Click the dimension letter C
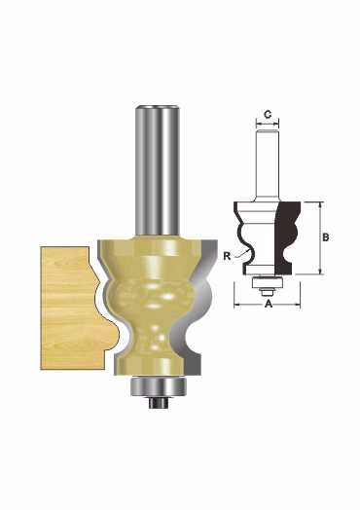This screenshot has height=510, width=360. [267, 115]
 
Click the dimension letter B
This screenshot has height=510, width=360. [326, 237]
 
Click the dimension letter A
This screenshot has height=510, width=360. [269, 304]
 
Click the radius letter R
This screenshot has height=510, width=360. [227, 256]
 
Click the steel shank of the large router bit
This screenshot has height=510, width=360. [158, 170]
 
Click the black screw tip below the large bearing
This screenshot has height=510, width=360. [158, 403]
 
